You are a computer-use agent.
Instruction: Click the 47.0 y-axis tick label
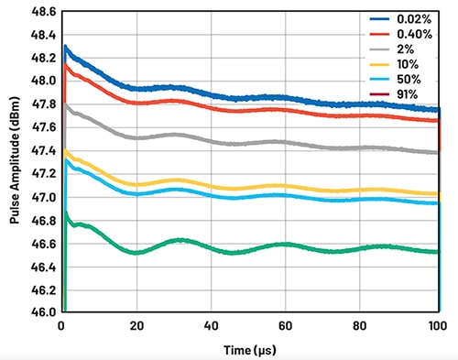pos(40,197)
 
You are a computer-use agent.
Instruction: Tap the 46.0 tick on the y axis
pos(40,312)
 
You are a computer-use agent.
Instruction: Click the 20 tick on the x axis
pos(136,326)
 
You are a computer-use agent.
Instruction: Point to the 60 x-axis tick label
pos(288,326)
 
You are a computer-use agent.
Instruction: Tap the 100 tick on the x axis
pos(438,326)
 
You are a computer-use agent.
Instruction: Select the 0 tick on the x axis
pos(61,326)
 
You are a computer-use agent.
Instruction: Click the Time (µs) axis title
pos(249,349)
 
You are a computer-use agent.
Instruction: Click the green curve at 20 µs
pos(136,252)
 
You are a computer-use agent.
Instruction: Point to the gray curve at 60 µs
pos(288,142)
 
